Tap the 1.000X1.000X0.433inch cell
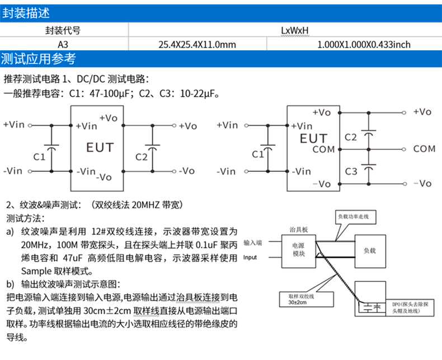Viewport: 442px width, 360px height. [364, 44]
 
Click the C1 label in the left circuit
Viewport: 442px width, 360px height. [39, 157]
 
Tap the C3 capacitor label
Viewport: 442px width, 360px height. [351, 171]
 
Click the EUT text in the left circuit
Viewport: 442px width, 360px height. [100, 148]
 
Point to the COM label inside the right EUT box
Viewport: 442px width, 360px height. [323, 149]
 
